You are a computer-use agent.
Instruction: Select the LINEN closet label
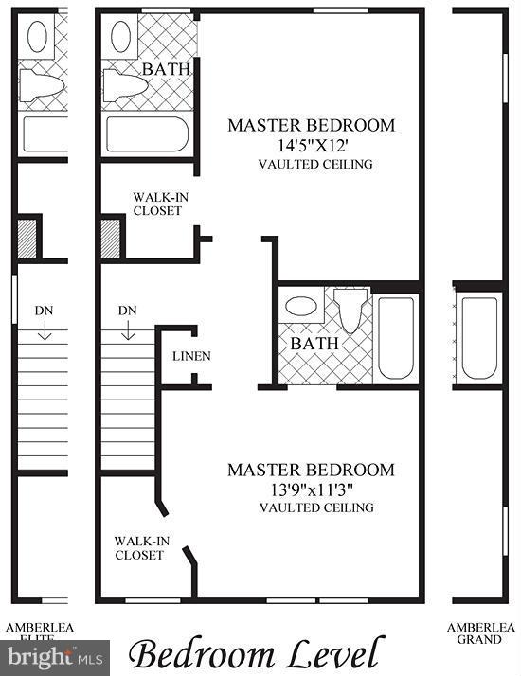191,356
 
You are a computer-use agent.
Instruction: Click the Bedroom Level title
257,653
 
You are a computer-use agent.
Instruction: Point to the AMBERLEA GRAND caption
481,633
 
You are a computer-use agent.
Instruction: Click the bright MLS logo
54,654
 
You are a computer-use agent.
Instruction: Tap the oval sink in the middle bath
301,307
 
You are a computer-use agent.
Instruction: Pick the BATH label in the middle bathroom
314,344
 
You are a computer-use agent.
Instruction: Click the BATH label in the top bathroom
166,69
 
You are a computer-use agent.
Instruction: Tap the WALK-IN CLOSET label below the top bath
156,204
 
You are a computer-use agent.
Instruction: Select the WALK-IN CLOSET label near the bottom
140,548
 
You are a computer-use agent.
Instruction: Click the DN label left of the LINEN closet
127,311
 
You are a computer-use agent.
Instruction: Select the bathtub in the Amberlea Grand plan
478,336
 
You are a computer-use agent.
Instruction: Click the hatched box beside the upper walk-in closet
112,238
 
